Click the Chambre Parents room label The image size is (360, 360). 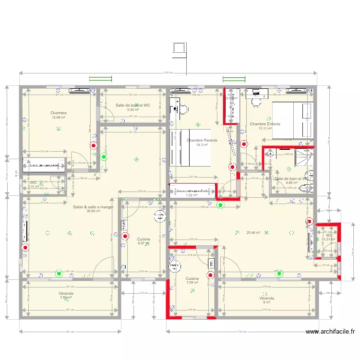202,140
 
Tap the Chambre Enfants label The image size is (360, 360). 264,124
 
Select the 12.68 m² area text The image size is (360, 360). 59,118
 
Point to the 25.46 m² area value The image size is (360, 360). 253,233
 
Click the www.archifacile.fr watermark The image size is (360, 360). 331,331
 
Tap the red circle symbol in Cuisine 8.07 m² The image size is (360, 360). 125,236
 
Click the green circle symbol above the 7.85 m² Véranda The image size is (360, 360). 59,274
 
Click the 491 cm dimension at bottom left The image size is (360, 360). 70,331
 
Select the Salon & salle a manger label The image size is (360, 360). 93,207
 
